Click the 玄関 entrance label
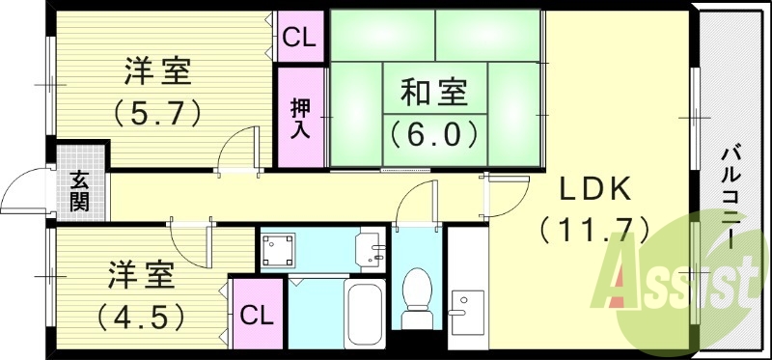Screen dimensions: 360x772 tap(79, 190)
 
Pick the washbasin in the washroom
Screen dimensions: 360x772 tap(370, 252)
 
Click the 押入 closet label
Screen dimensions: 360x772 tap(300, 117)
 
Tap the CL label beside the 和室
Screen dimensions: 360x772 tap(300, 39)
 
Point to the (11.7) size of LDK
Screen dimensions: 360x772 tap(593, 230)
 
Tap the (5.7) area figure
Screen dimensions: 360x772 tap(158, 113)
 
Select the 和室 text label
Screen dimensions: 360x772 tap(434, 94)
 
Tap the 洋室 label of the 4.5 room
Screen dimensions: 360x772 tap(140, 274)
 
